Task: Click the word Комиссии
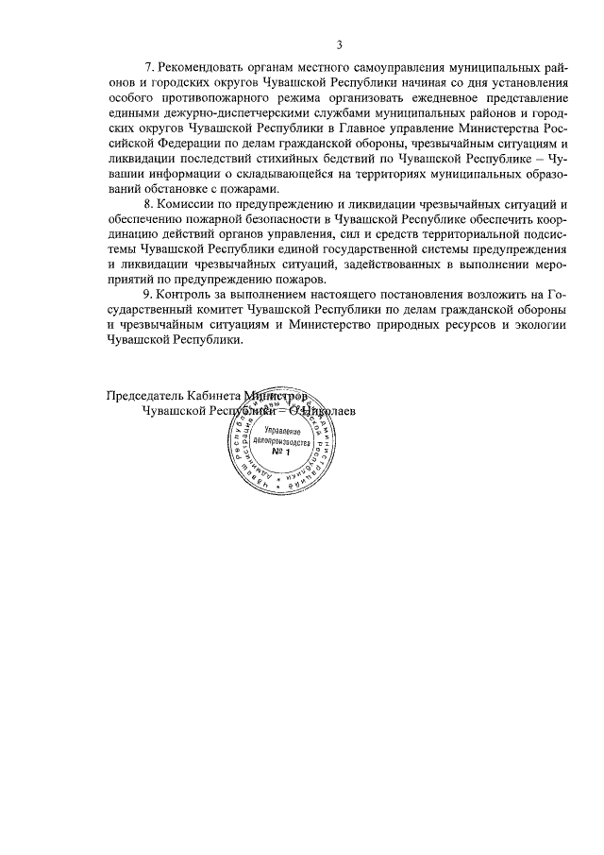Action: [189, 205]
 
